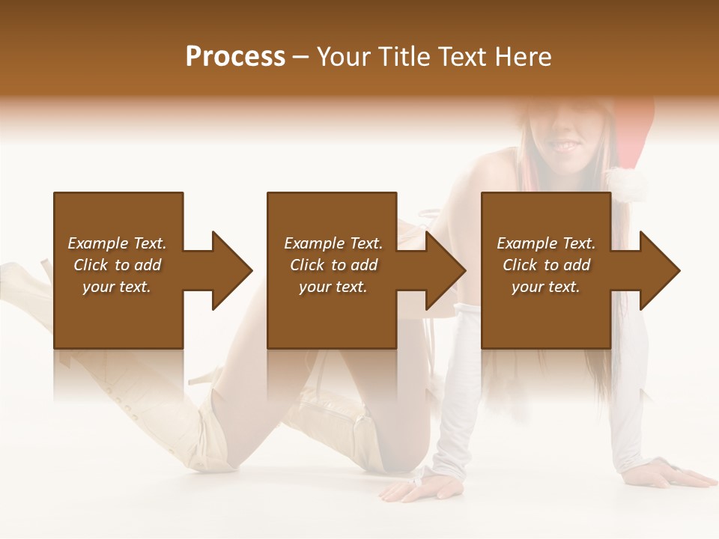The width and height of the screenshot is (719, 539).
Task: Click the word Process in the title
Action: click(235, 57)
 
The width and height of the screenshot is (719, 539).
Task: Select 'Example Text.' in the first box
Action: click(117, 243)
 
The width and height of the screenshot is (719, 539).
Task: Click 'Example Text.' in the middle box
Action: click(333, 243)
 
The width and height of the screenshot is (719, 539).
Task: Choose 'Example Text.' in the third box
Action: click(546, 243)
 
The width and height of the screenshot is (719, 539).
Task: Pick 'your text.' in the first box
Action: click(117, 287)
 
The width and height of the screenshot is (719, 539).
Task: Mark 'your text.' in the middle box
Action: click(333, 287)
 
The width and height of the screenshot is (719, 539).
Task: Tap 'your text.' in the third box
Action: click(546, 287)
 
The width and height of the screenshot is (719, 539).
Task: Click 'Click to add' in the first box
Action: click(117, 265)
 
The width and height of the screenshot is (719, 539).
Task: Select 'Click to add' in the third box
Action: click(546, 265)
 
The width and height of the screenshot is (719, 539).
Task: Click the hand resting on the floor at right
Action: click(679, 475)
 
